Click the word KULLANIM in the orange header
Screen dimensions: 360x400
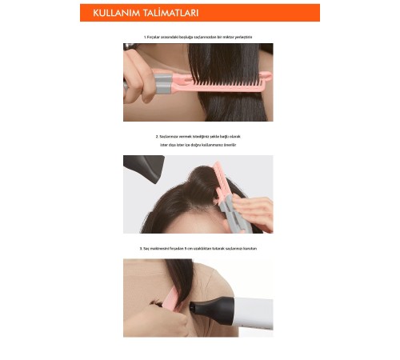tap(118, 14)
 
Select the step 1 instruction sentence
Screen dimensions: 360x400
tap(198, 37)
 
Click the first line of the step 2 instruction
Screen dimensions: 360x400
tap(198, 137)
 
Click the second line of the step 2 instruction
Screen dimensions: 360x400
tap(198, 145)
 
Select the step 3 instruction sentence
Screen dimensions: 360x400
tap(198, 249)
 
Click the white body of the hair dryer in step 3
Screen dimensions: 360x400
tap(248, 312)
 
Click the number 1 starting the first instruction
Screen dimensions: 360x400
tap(145, 37)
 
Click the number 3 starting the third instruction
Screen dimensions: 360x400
tap(140, 249)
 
